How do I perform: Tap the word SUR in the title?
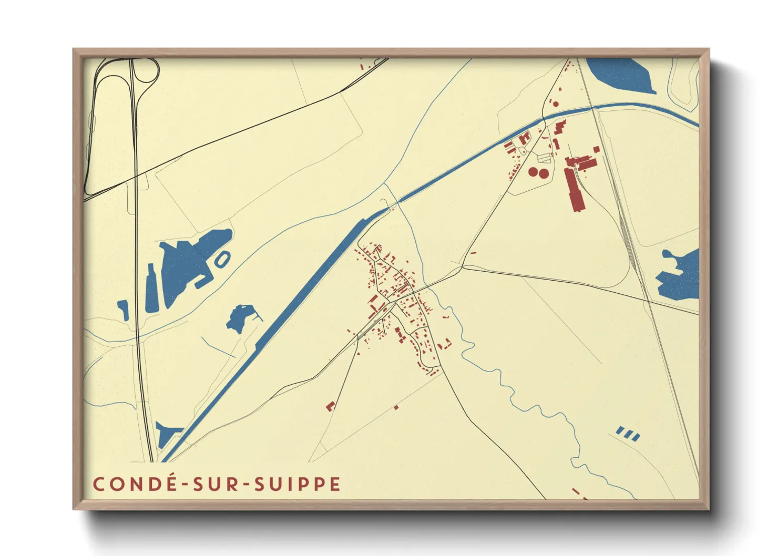point(217,484)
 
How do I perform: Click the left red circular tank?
point(533,171)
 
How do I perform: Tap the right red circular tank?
point(544,173)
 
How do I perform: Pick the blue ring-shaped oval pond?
point(222,259)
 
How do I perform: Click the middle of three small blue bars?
point(628,434)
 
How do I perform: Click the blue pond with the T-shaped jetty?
point(239,317)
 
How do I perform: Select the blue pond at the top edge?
point(620,74)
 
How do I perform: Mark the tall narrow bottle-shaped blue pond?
point(150,289)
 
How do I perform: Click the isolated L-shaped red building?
point(330,406)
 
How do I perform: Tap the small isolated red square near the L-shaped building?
point(396,407)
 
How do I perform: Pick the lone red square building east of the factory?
point(596,150)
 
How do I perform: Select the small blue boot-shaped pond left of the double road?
point(124,309)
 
